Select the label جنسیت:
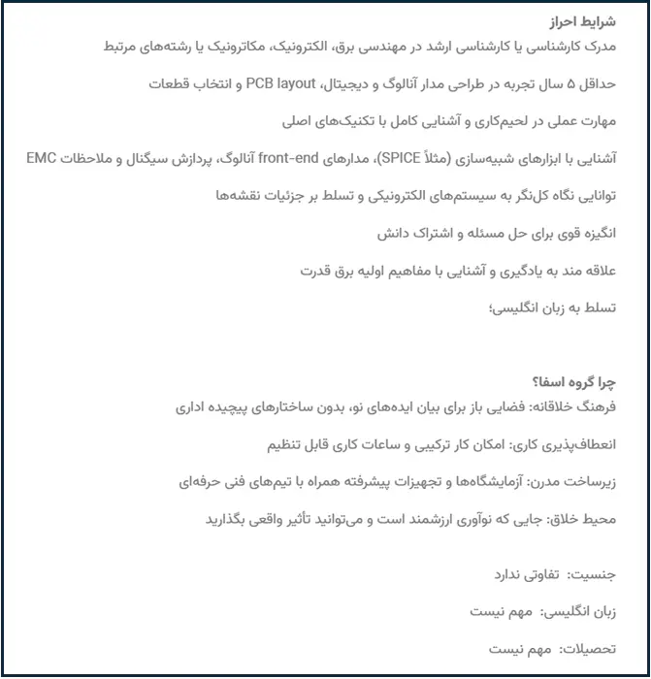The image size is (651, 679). (x=613, y=575)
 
